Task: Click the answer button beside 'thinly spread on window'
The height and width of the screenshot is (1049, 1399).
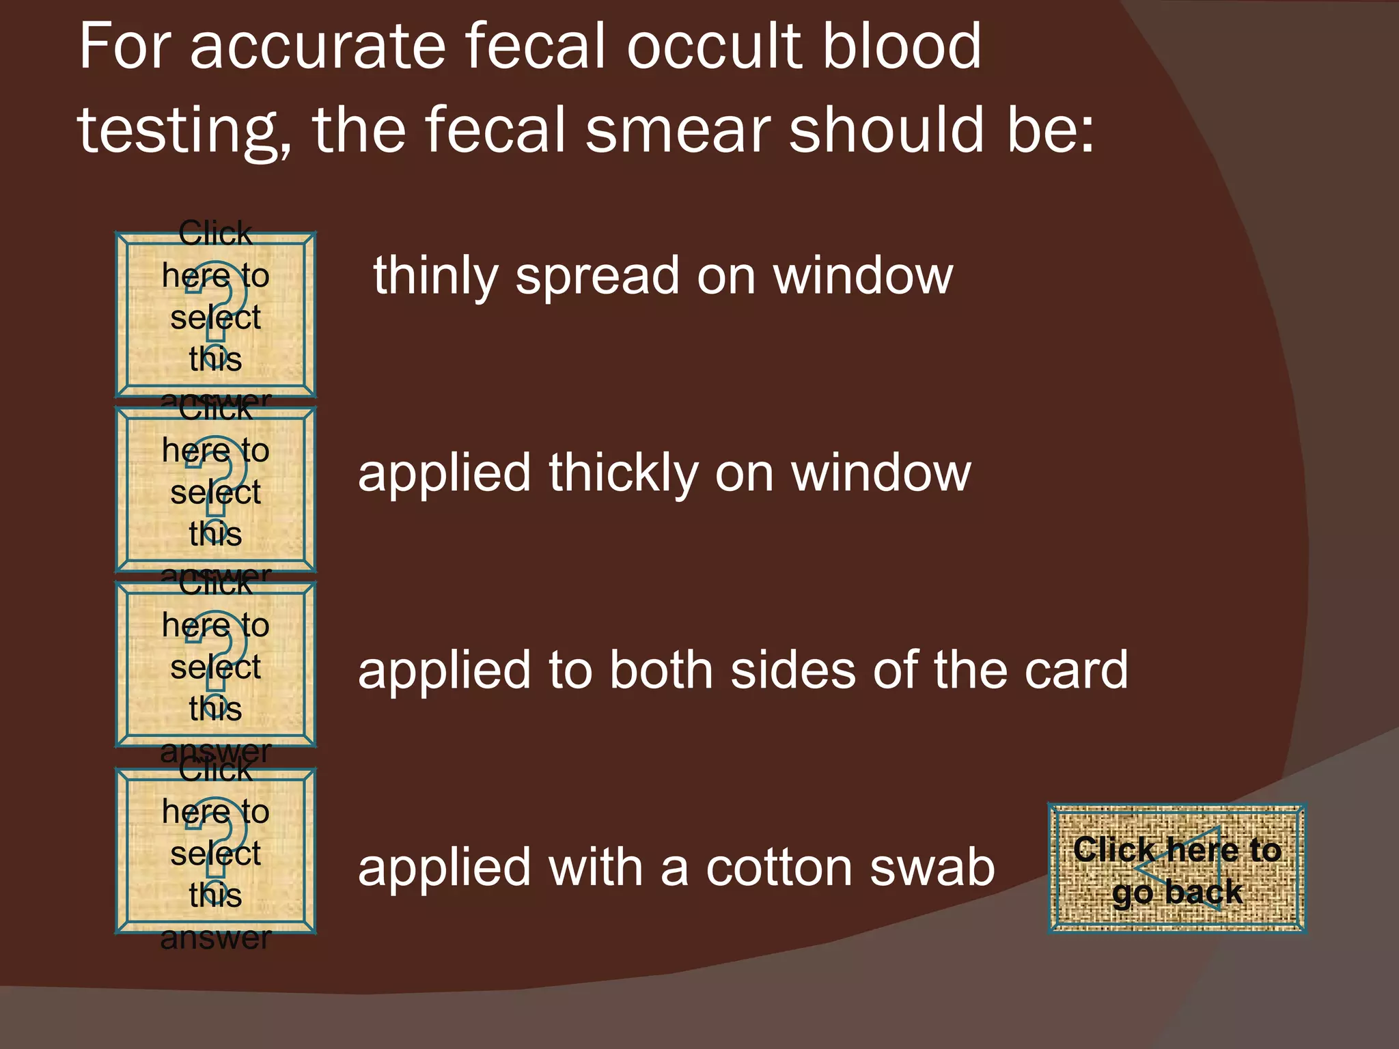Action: coord(215,315)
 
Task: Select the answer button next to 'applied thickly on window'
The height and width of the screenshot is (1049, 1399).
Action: coord(215,489)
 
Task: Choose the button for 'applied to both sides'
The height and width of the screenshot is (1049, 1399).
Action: coord(215,664)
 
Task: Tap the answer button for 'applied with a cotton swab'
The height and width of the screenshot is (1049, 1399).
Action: coord(215,851)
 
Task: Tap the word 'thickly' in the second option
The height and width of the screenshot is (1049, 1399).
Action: coord(623,473)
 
